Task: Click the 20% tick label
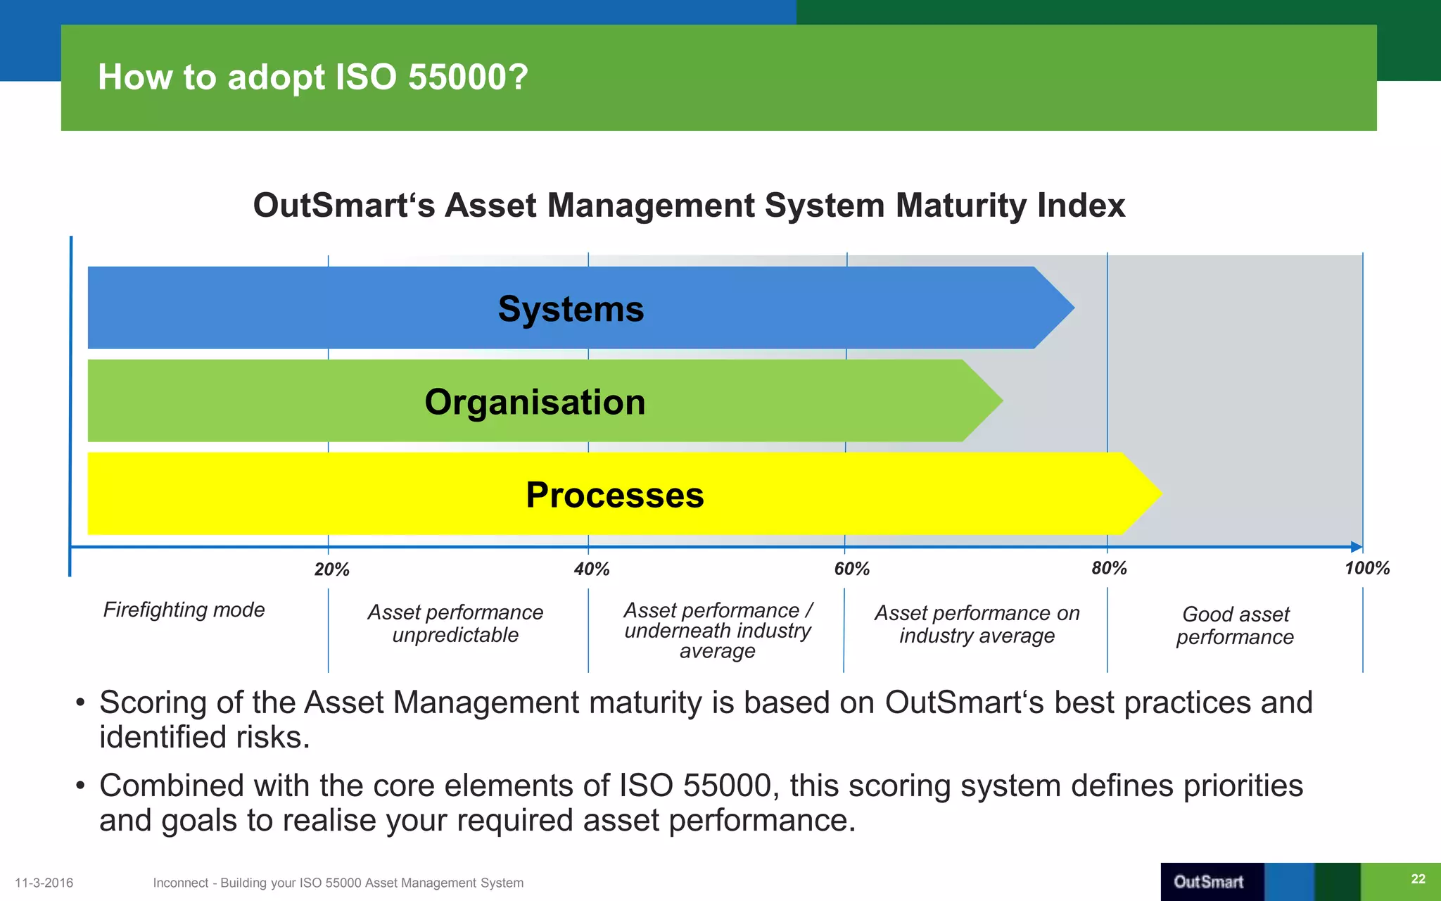click(331, 569)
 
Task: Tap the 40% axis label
click(591, 569)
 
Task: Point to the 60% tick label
click(851, 569)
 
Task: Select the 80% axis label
click(1109, 568)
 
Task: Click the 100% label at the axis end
click(1366, 568)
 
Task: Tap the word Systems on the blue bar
click(571, 309)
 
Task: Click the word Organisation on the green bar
click(535, 402)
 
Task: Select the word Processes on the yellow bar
click(614, 495)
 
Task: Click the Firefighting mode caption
click(184, 610)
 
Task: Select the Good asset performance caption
click(1235, 625)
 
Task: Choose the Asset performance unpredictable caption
click(455, 624)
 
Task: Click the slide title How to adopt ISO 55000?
click(312, 77)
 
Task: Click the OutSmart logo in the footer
click(1208, 882)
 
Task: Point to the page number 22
click(1418, 878)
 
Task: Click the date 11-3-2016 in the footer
click(44, 883)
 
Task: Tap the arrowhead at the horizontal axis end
click(1357, 547)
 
